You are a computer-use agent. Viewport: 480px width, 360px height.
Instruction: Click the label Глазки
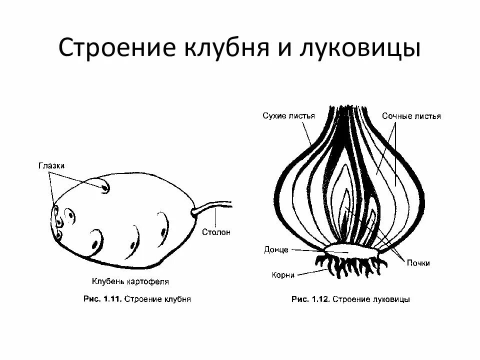click(x=51, y=165)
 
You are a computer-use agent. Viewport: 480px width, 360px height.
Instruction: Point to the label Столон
click(x=216, y=232)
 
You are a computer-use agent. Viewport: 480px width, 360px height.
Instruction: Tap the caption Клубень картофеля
click(x=130, y=281)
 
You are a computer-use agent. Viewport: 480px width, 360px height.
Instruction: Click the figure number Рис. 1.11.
click(x=101, y=299)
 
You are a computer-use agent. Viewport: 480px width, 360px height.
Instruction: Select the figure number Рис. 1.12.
click(x=309, y=299)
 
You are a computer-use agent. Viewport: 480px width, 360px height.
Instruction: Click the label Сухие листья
click(x=288, y=115)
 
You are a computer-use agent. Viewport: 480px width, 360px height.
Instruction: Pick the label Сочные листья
click(x=411, y=116)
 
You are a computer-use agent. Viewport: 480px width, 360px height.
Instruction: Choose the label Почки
click(x=418, y=263)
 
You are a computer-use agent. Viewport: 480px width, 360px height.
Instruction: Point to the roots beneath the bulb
click(x=350, y=264)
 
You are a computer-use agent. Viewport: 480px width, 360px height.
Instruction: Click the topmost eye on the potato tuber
click(x=105, y=188)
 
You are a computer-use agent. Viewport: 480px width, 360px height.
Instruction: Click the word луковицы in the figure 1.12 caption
click(x=390, y=299)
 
